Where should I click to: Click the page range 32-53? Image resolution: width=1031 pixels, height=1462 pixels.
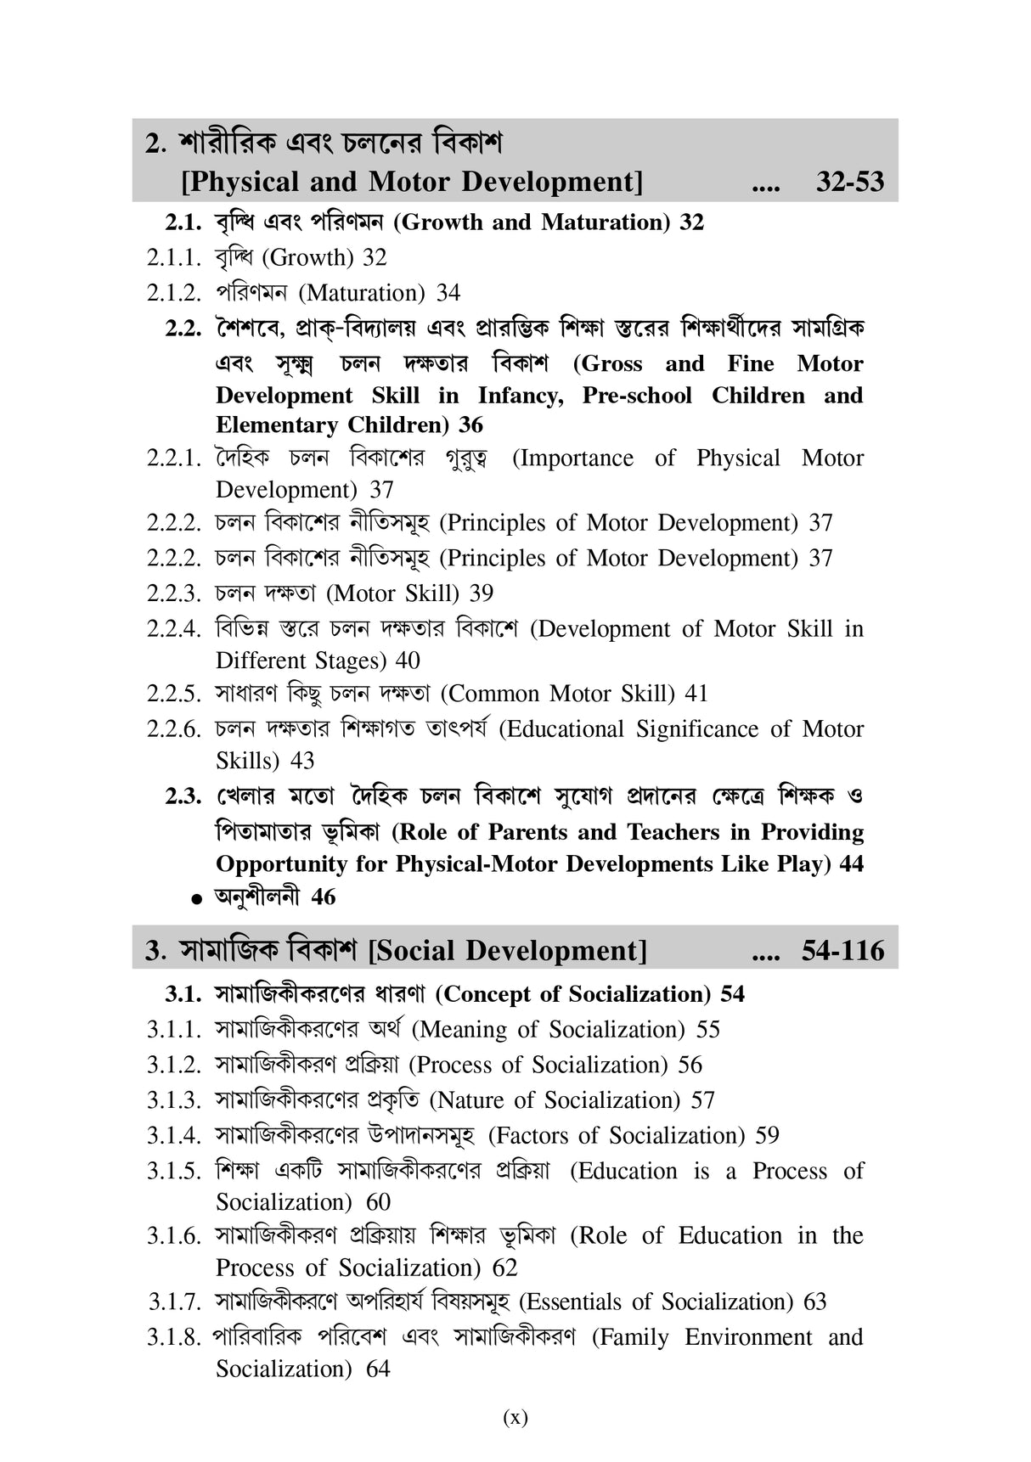pyautogui.click(x=849, y=182)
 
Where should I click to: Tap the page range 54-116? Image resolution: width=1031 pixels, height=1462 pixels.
pyautogui.click(x=842, y=950)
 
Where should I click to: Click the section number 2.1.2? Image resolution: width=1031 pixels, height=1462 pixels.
pyautogui.click(x=173, y=293)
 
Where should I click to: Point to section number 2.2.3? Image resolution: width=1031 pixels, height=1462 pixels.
pyautogui.click(x=173, y=593)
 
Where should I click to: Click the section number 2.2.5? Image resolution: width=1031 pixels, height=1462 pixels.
pyautogui.click(x=173, y=694)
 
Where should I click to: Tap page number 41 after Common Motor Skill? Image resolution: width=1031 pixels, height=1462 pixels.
pyautogui.click(x=696, y=694)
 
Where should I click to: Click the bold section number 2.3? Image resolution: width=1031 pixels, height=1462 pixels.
pyautogui.click(x=183, y=796)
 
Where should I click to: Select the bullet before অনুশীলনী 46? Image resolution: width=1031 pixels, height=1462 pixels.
pyautogui.click(x=197, y=898)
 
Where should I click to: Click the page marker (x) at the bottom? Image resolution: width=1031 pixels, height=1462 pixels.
pyautogui.click(x=515, y=1416)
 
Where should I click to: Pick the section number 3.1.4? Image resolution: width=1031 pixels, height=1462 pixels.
pyautogui.click(x=173, y=1135)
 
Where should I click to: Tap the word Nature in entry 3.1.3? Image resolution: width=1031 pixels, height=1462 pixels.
pyautogui.click(x=470, y=1100)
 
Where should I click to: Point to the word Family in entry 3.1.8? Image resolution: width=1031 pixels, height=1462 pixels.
pyautogui.click(x=635, y=1337)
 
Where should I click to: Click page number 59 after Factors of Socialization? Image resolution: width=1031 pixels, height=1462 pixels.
pyautogui.click(x=767, y=1135)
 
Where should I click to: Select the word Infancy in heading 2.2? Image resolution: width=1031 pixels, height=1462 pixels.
pyautogui.click(x=520, y=396)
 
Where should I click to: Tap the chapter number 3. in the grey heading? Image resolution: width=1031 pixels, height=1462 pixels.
pyautogui.click(x=155, y=951)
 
